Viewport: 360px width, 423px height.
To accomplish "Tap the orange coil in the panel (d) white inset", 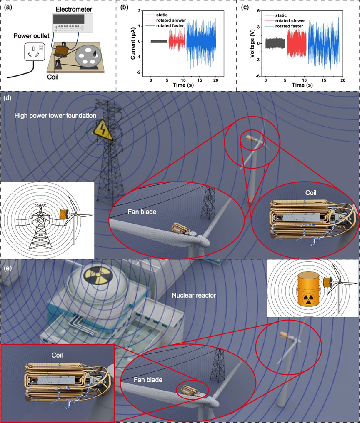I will (x=63, y=214).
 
